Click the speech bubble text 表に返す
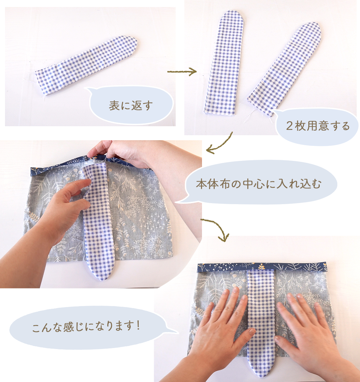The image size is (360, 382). click(131, 106)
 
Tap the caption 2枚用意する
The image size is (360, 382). click(318, 126)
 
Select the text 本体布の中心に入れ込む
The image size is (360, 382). click(259, 184)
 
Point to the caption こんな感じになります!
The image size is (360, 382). click(86, 326)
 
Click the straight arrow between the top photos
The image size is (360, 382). click(182, 72)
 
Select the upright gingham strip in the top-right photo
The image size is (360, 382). click(224, 63)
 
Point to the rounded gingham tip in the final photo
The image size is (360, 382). click(261, 368)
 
